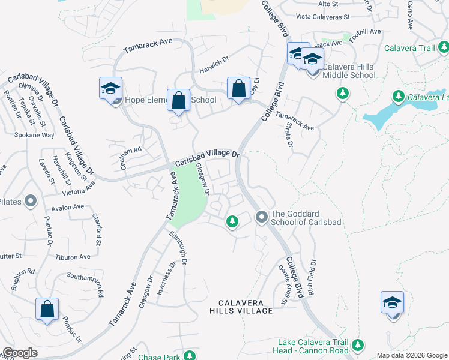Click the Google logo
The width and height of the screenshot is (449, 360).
[x=20, y=353]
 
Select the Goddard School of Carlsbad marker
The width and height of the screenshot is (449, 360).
[x=261, y=216]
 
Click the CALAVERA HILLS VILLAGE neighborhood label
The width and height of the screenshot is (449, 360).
[x=241, y=307]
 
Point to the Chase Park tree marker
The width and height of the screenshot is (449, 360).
[x=191, y=356]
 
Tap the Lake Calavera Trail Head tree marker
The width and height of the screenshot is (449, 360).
[x=358, y=345]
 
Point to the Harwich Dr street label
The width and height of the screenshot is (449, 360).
[x=214, y=64]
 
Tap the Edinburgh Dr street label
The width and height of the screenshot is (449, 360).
[x=178, y=248]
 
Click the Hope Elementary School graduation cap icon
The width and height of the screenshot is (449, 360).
[x=111, y=88]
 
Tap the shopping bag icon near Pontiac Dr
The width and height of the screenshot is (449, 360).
[x=47, y=310]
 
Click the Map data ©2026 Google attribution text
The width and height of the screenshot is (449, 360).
[x=412, y=355]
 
